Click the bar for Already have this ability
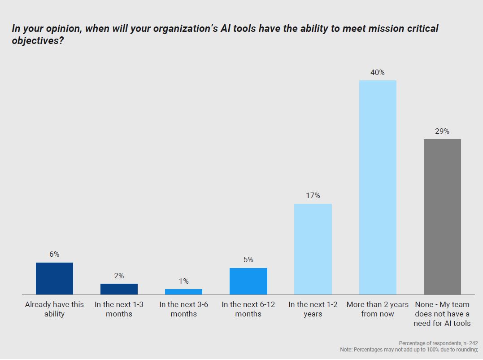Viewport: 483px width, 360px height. coord(54,278)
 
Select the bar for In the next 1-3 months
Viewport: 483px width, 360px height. coord(119,289)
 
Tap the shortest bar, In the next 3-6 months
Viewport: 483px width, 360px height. coord(183,291)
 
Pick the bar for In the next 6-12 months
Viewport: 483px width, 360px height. coord(248,281)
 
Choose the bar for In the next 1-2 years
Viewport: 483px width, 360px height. coord(313,249)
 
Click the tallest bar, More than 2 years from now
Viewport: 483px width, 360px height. coord(378,187)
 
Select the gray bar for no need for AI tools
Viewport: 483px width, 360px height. coord(442,216)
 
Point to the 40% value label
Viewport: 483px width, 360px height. coord(378,72)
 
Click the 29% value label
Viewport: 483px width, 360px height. coord(442,131)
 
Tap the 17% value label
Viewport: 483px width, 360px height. coord(313,196)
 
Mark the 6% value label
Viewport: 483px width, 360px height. coord(54,254)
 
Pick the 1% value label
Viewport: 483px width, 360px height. coord(183,281)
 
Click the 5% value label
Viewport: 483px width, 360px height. coord(248,259)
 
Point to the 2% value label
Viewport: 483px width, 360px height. coord(119,276)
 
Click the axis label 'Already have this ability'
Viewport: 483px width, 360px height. coord(54,309)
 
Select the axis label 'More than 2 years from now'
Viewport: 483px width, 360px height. coord(378,309)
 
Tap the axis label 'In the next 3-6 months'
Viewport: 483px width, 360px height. coord(183,309)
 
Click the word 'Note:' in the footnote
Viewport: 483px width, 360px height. coord(347,349)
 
